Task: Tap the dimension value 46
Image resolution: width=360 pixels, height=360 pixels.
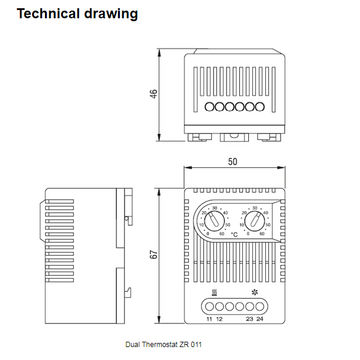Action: coord(154,95)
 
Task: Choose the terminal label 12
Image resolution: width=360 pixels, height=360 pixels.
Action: coord(220,320)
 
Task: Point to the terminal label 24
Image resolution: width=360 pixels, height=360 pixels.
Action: coord(262,320)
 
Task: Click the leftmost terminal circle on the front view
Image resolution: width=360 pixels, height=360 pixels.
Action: coord(211,308)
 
